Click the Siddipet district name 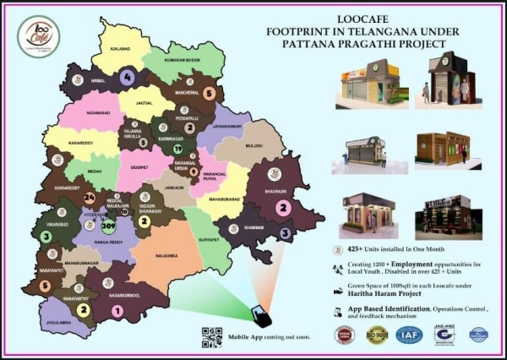coord(140,167)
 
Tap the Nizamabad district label coord(99,112)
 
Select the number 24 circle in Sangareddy coord(90,199)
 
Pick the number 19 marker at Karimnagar coord(177,150)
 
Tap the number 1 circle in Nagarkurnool coord(117,310)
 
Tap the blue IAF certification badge coord(409,335)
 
